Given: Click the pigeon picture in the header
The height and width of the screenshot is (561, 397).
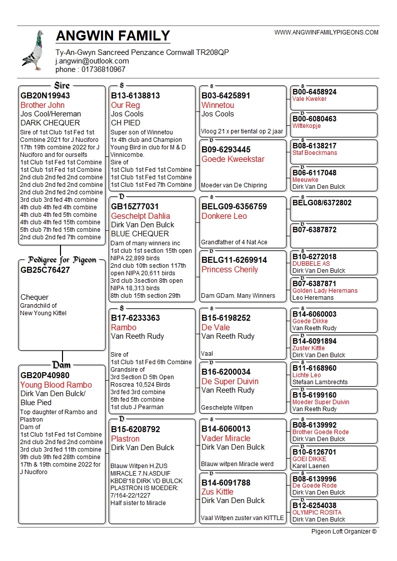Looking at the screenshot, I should coord(33,50).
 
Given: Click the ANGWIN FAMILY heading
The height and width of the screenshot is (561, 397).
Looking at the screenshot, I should coord(113,36).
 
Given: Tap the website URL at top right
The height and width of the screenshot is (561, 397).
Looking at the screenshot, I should coord(326,32).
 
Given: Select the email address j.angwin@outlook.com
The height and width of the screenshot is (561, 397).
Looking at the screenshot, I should coord(92,61).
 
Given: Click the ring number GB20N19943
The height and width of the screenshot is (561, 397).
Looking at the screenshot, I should coord(45,95).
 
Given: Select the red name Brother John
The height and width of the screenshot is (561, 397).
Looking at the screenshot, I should coord(42,105).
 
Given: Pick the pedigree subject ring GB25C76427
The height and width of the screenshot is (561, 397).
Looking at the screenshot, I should coord(45,270).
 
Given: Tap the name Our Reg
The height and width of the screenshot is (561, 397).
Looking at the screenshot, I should coord(125,105).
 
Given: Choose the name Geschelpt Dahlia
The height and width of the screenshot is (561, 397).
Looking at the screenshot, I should coord(140,216).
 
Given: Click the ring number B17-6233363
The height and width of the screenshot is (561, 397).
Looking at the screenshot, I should coord(135,318).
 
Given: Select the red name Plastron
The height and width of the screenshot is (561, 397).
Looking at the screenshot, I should coord(125,439).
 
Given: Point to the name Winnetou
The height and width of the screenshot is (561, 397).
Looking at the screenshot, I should coord(217,105).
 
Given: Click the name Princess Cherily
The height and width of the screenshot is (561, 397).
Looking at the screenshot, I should coord(229,269).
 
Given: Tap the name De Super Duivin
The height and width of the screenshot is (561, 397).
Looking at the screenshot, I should coord(230,381).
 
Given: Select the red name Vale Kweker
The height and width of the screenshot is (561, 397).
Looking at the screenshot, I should coord(309,99).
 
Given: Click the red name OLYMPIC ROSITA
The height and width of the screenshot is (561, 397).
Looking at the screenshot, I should coord(317,513).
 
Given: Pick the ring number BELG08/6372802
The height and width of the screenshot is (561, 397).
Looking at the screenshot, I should coord(322,203).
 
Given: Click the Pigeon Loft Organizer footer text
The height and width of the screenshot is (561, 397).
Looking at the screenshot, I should coord(343,532).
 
